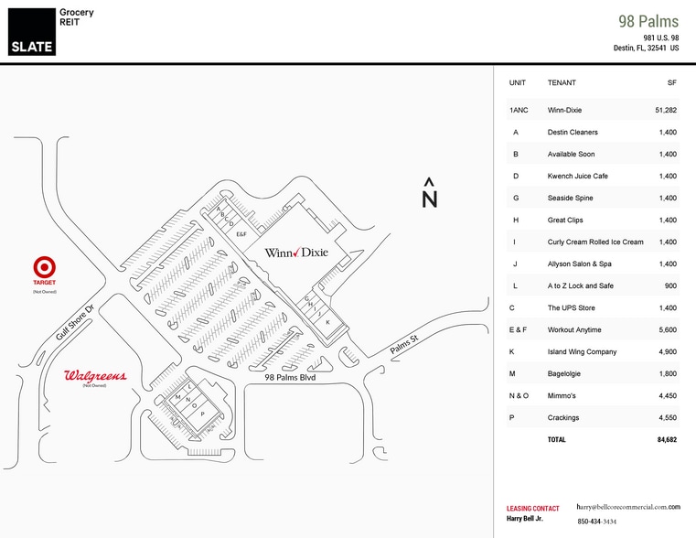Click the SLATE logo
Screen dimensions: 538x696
point(32,30)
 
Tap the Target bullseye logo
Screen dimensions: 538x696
point(44,267)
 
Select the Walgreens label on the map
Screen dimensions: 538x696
point(95,376)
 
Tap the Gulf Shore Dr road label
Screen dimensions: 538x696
point(75,323)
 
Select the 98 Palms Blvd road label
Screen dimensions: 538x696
point(290,377)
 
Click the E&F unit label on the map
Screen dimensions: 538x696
point(241,235)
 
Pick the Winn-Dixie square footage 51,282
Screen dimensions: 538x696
point(665,110)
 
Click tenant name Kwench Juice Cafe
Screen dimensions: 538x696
point(577,176)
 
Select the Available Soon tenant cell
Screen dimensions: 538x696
point(572,154)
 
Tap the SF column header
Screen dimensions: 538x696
point(671,82)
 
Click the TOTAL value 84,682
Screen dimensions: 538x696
point(665,439)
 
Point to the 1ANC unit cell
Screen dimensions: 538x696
point(519,110)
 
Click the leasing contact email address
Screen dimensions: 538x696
point(628,506)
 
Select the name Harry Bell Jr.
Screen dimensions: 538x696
point(526,519)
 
